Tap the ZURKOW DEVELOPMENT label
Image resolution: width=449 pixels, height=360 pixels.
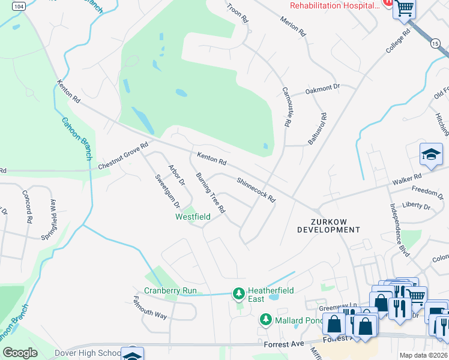328,225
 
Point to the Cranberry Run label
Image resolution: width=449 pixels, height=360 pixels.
170,291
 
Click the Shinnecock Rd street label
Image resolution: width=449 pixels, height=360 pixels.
256,190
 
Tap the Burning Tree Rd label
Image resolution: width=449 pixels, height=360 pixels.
211,193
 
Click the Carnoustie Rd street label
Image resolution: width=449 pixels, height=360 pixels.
286,106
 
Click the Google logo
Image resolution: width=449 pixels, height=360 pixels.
20,353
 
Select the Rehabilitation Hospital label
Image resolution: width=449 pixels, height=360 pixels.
335,5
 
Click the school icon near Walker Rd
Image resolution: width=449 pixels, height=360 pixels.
431,154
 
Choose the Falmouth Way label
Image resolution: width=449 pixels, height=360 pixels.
150,306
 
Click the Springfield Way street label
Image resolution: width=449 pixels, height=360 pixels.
53,211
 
